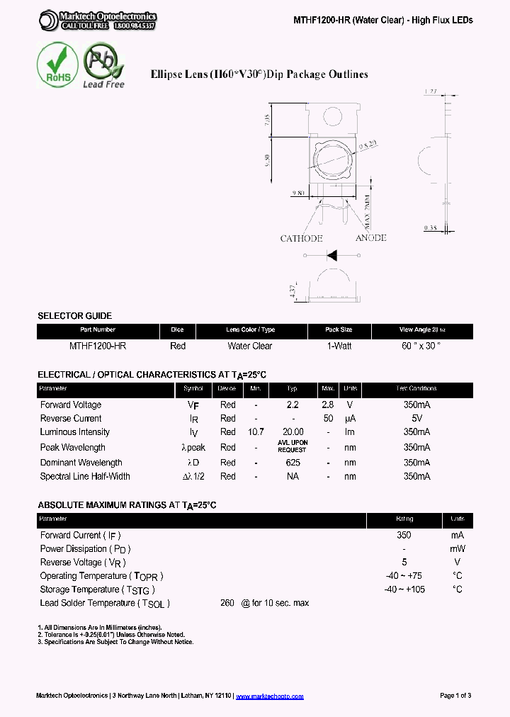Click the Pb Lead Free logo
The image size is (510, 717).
[103, 64]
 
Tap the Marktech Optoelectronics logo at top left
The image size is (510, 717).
[97, 20]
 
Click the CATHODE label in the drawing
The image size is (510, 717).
[301, 238]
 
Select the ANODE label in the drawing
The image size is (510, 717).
[370, 238]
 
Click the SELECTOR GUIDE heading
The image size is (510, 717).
[74, 316]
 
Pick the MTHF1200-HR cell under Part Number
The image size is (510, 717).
[98, 346]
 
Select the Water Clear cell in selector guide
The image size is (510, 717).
[250, 346]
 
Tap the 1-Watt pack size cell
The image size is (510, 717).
[339, 346]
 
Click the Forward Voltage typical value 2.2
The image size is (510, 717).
[293, 405]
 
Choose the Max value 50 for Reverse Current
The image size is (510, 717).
[328, 419]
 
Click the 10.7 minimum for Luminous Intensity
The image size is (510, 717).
[256, 432]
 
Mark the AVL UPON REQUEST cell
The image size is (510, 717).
[293, 446]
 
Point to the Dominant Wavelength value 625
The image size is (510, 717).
[293, 463]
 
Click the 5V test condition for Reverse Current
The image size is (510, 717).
[416, 419]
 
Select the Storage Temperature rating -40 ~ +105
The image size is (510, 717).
[404, 589]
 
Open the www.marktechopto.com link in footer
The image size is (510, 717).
[269, 696]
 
